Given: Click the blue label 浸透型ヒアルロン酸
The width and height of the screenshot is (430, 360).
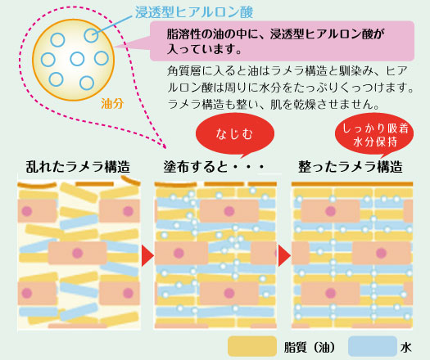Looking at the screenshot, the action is (194, 12).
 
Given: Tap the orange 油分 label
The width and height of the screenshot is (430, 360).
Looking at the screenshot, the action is (112, 104).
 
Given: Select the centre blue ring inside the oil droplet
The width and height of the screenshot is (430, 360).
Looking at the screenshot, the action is (77, 59).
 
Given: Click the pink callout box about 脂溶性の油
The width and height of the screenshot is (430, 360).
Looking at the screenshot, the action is (282, 41).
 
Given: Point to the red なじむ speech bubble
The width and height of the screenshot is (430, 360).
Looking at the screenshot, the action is (235, 134).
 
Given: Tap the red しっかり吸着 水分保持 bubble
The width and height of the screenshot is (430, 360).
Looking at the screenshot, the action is (374, 135).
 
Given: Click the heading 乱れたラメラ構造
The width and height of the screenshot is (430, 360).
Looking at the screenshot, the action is (78, 167).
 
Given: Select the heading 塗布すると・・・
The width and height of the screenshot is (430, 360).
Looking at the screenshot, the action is (214, 167).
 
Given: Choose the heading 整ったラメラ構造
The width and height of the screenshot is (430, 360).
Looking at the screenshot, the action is (351, 167).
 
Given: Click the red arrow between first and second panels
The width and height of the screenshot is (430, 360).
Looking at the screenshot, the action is (147, 255).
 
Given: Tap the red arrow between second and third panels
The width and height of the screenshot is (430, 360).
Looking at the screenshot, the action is (283, 255).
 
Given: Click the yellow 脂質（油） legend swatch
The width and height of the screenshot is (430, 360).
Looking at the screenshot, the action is (252, 346).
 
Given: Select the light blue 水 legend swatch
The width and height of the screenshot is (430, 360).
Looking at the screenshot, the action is (373, 346).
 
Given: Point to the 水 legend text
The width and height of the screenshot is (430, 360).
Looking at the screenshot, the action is (406, 348).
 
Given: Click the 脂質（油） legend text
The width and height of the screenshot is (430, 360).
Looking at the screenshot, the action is (310, 348).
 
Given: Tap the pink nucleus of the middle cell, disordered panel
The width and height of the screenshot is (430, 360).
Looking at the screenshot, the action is (78, 253).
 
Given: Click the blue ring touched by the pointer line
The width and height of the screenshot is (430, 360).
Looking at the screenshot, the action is (91, 35).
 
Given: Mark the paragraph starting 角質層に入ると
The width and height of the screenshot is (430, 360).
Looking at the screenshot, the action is (290, 88).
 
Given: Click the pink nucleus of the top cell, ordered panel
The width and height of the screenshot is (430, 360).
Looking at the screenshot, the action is (330, 211).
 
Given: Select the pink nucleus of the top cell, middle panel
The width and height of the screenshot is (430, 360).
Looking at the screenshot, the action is (229, 211).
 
